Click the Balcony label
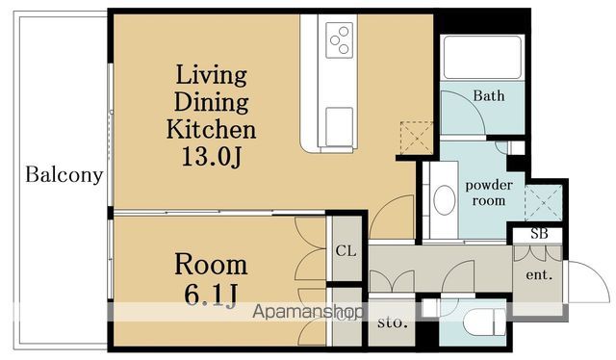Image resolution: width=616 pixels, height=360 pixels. [64, 174]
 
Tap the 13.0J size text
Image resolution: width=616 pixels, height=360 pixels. [211, 157]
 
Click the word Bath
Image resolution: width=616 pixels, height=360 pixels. [489, 95]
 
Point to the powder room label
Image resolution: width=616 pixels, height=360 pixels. [489, 193]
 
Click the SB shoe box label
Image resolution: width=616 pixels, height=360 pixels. [539, 234]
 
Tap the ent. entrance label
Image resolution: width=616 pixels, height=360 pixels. [539, 274]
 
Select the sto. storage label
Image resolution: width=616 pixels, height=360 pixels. [392, 322]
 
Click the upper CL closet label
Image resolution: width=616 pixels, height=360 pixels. [346, 250]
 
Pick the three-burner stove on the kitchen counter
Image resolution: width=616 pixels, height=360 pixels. [339, 40]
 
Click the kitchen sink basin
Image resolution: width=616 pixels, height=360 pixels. [339, 126]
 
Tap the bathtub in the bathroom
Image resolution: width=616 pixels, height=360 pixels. [482, 58]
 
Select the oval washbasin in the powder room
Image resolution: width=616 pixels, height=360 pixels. [445, 199]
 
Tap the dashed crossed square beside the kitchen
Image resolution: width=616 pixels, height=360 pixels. [416, 138]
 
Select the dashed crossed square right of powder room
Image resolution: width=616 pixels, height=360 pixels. [543, 203]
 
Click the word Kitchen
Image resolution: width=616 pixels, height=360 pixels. [211, 129]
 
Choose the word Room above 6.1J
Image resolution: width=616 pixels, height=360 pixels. [211, 265]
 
